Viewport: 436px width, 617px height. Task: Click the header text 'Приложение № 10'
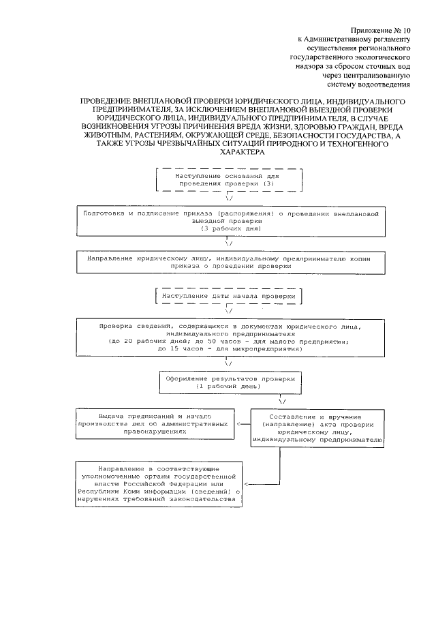point(381,31)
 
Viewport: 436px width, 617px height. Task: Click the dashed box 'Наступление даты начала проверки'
point(230,298)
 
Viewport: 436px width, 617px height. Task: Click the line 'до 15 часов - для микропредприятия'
point(230,348)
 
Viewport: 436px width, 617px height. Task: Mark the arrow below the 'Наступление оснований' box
point(230,198)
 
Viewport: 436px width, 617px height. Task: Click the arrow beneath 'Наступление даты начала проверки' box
point(230,311)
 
